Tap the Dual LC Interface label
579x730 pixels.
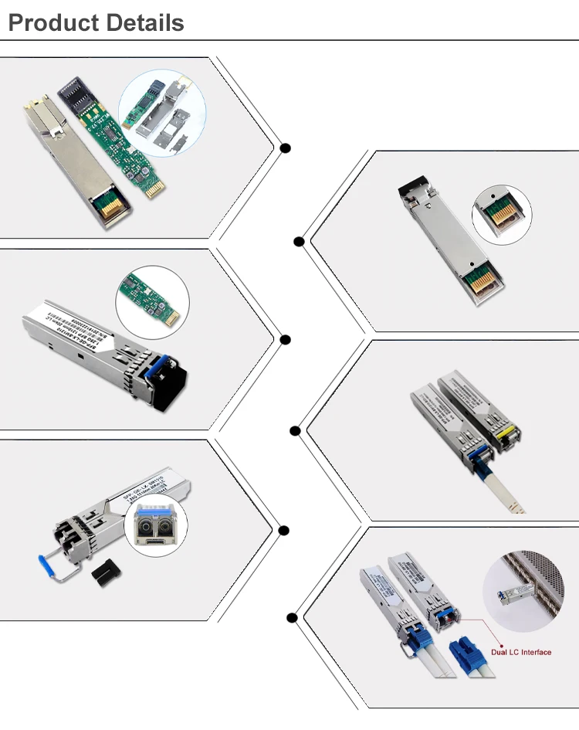pos(521,652)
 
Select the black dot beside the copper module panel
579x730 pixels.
pos(286,148)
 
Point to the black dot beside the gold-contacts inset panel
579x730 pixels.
pos(299,241)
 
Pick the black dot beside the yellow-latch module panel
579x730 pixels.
pos(295,430)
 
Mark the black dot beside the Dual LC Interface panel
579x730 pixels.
pos(292,617)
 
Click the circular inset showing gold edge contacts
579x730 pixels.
pos(503,214)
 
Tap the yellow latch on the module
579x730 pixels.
pos(506,438)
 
